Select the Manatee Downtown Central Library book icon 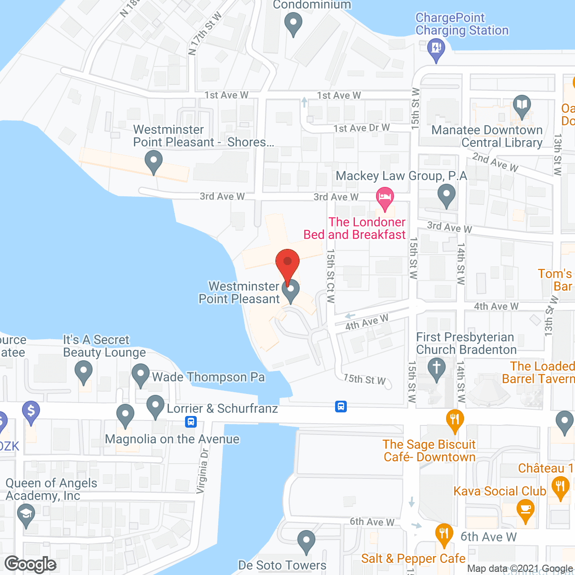click(x=522, y=106)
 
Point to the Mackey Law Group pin click(x=446, y=196)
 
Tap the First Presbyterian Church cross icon click(x=436, y=368)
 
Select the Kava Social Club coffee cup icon click(x=525, y=511)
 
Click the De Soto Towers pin click(x=306, y=541)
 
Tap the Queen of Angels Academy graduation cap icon click(x=26, y=515)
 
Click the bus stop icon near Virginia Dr click(x=191, y=422)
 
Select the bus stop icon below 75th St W click(x=341, y=407)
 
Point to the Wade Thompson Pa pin click(x=140, y=374)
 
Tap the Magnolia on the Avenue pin click(x=125, y=415)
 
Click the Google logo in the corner click(x=31, y=564)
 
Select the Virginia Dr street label click(x=203, y=470)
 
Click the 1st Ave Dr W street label click(x=361, y=128)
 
